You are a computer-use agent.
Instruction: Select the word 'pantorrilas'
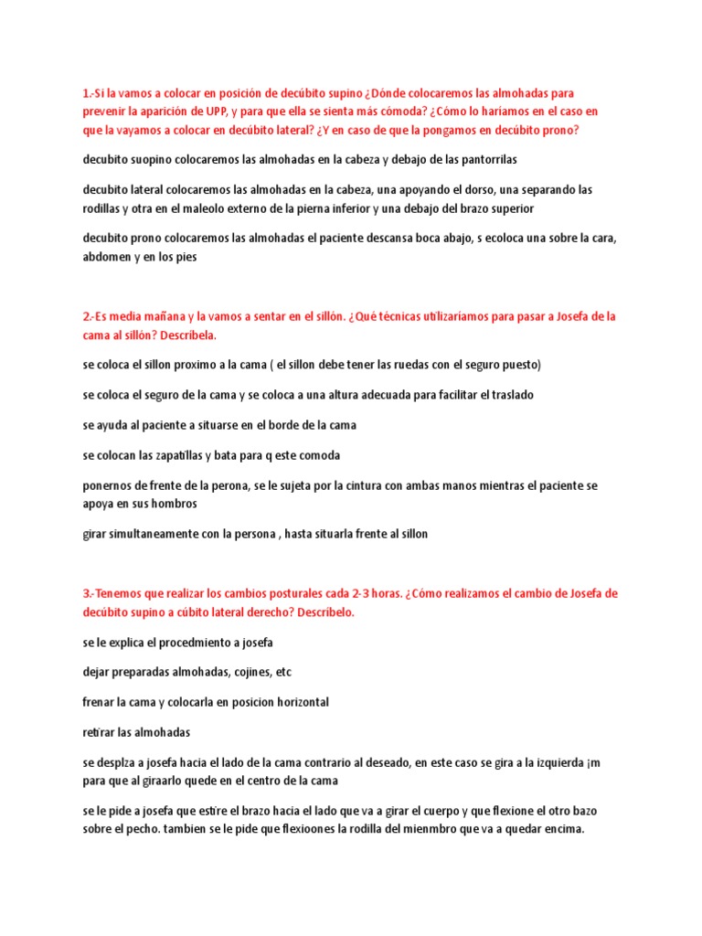(485, 159)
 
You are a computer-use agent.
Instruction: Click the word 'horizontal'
(294, 702)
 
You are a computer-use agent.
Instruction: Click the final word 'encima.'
(560, 829)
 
